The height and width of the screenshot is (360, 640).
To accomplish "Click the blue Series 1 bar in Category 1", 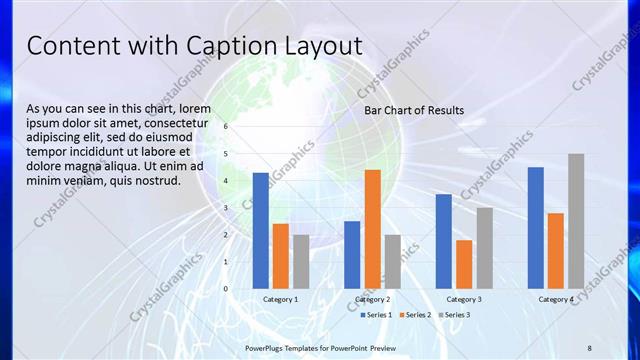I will point(260,231).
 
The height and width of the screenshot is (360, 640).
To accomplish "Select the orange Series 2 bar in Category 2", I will point(372,229).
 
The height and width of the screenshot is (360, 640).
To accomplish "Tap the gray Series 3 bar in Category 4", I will point(576,221).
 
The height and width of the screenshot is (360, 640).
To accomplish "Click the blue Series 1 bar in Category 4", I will point(535,228).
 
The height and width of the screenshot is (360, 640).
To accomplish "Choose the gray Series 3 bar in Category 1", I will point(301,262).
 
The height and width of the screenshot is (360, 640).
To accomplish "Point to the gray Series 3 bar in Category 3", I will point(484,248).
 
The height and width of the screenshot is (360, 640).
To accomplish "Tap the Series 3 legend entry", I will point(455,315).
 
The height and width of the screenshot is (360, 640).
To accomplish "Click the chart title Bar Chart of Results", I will point(414,110).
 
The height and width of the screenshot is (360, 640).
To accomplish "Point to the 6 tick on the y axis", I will point(226,127).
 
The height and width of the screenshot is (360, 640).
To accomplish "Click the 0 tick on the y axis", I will point(226,289).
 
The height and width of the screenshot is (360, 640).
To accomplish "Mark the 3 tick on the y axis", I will point(226,208).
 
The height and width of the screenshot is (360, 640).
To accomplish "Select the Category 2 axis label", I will point(372,299).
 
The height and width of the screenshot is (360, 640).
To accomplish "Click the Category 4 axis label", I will point(556,299).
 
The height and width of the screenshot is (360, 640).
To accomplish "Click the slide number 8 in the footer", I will point(589,347).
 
